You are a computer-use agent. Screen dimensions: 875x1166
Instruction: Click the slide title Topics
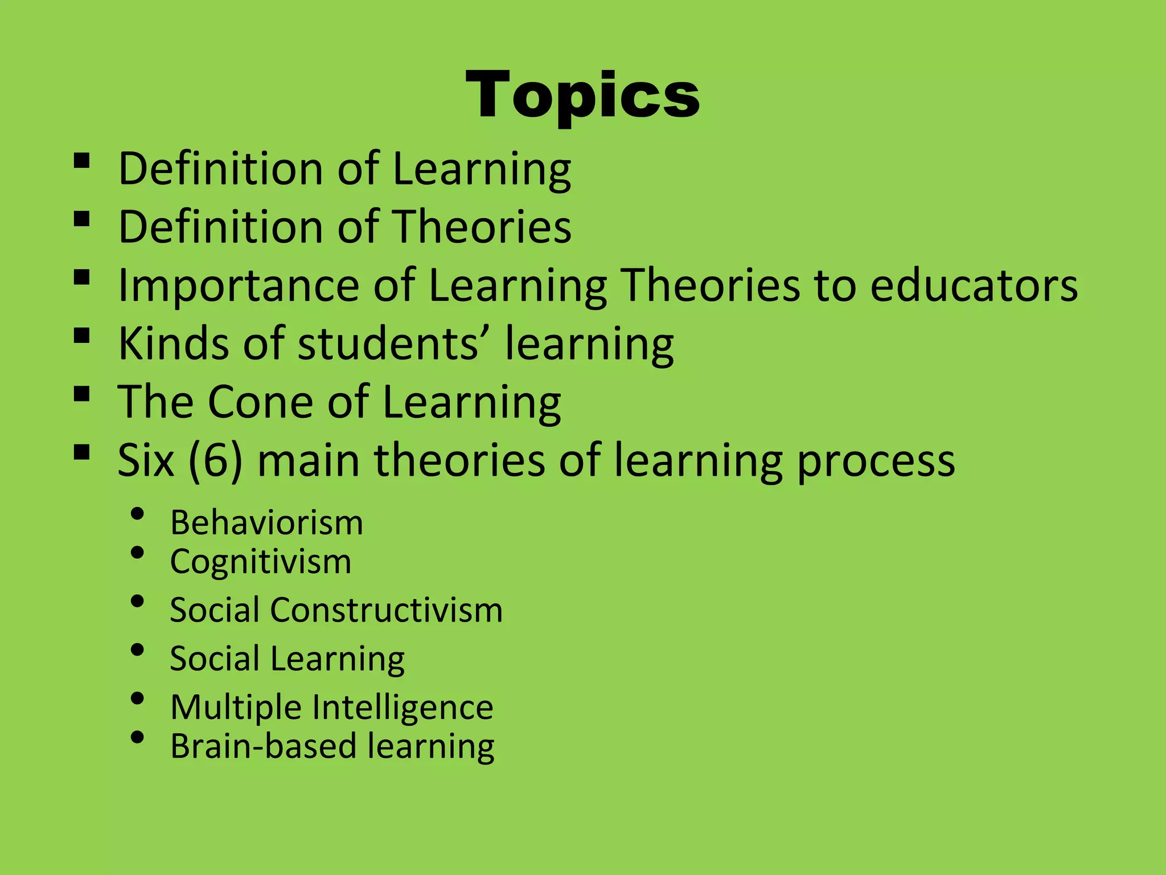tap(582, 96)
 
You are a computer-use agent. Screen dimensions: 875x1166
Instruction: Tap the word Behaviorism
tap(266, 522)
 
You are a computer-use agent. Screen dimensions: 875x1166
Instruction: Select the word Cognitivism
tap(261, 562)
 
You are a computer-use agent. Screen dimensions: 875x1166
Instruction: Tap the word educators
tap(974, 285)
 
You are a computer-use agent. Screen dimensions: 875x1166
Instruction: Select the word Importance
tap(238, 287)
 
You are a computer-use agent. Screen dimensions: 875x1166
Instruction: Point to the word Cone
tap(261, 402)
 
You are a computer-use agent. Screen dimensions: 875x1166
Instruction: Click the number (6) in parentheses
tap(215, 461)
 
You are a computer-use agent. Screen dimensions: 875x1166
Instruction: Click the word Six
tap(145, 460)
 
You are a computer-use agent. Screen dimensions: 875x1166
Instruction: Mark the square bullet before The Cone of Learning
tap(81, 394)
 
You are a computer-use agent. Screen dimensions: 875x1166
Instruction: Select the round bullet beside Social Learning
tap(137, 650)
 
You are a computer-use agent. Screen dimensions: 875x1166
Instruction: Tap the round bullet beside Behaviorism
tap(137, 514)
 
